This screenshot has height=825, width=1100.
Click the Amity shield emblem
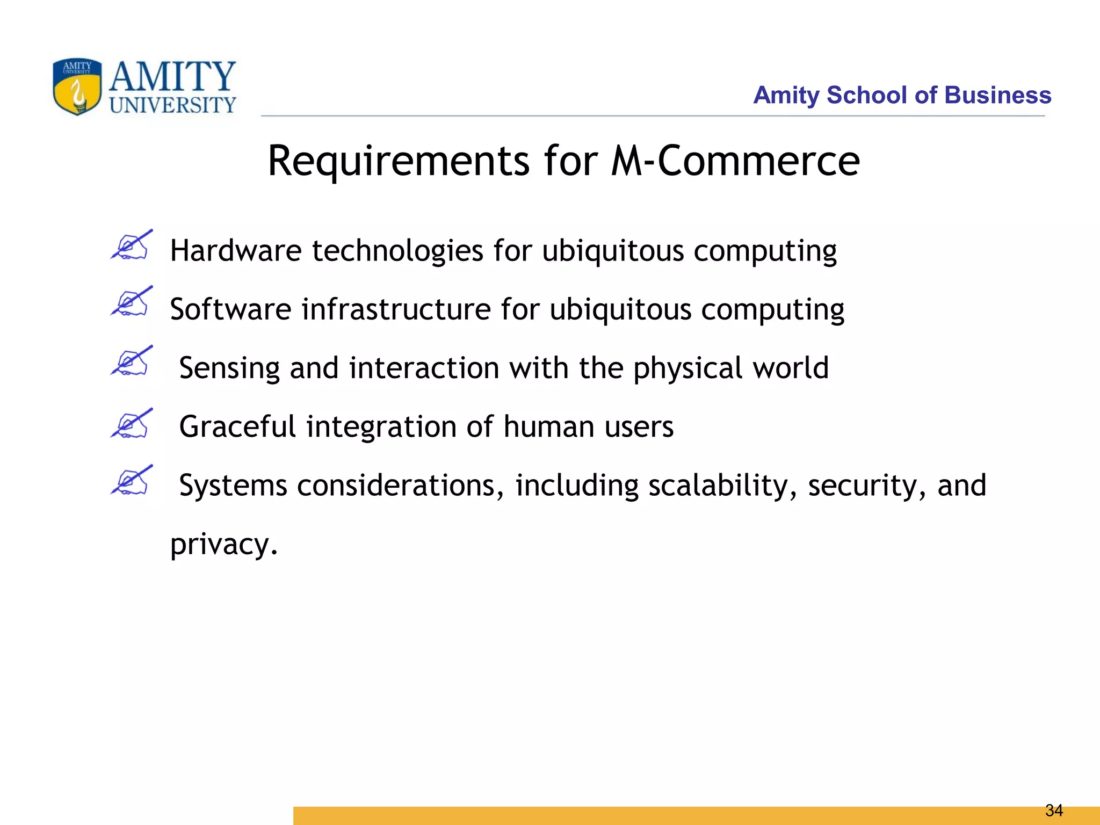[x=77, y=86]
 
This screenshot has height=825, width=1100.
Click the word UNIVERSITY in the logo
[x=172, y=105]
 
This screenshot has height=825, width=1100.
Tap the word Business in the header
[x=997, y=95]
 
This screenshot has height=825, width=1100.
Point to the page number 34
[x=1054, y=810]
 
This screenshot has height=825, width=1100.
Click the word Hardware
[x=236, y=251]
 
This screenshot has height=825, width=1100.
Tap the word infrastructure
[x=396, y=309]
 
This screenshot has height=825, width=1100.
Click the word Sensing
[x=229, y=369]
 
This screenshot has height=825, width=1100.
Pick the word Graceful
[x=237, y=426]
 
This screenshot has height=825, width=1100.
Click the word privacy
[x=223, y=545]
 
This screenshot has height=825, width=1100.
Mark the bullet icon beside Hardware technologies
[x=132, y=245]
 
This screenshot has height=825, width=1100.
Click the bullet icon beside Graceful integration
[x=132, y=423]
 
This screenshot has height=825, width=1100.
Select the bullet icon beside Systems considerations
[x=132, y=480]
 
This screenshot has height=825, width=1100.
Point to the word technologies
[x=397, y=251]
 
